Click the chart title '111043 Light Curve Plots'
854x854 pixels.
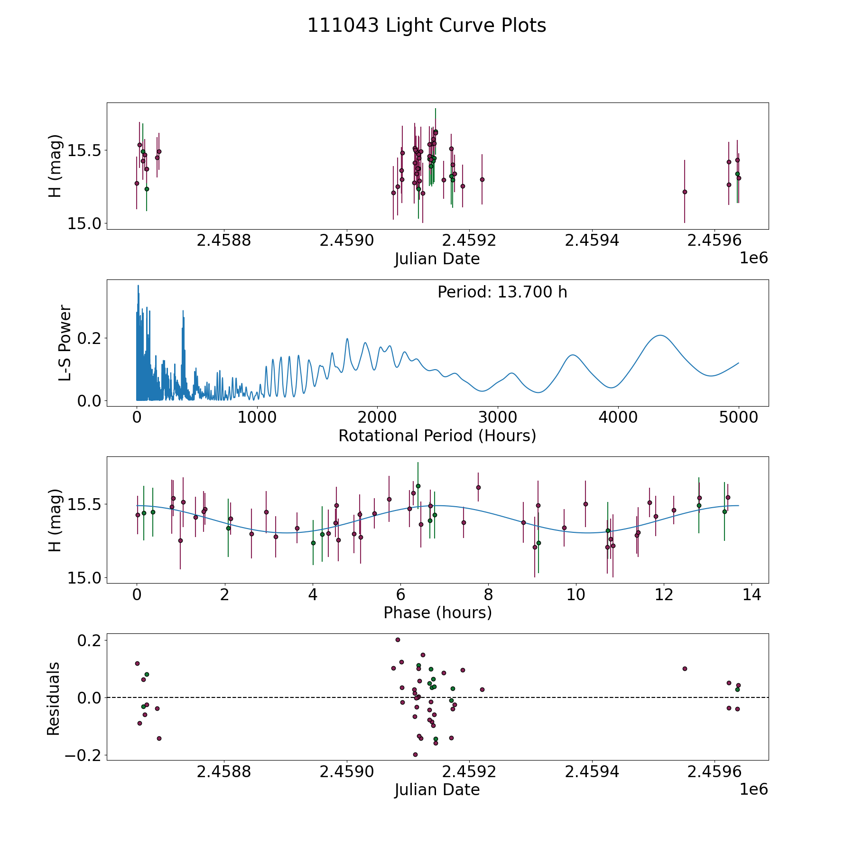click(427, 26)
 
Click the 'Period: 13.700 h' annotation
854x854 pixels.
click(502, 292)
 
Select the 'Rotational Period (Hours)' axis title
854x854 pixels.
click(437, 436)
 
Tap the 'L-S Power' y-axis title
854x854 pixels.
click(65, 343)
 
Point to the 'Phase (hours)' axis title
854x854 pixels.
click(437, 613)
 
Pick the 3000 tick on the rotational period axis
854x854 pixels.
click(497, 418)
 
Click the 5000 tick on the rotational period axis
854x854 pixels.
click(738, 418)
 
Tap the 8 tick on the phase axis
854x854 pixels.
click(488, 594)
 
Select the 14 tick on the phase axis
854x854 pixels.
click(752, 594)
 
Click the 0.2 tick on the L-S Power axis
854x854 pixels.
click(90, 338)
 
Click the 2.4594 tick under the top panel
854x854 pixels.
click(592, 241)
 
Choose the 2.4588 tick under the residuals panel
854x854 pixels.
click(223, 772)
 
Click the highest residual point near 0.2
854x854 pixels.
click(398, 640)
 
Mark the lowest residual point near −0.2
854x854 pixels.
click(415, 754)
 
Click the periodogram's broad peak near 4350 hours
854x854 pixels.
click(660, 335)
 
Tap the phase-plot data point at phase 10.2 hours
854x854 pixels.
click(585, 504)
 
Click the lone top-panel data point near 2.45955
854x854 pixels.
click(685, 192)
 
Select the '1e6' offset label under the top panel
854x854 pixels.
click(753, 258)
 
